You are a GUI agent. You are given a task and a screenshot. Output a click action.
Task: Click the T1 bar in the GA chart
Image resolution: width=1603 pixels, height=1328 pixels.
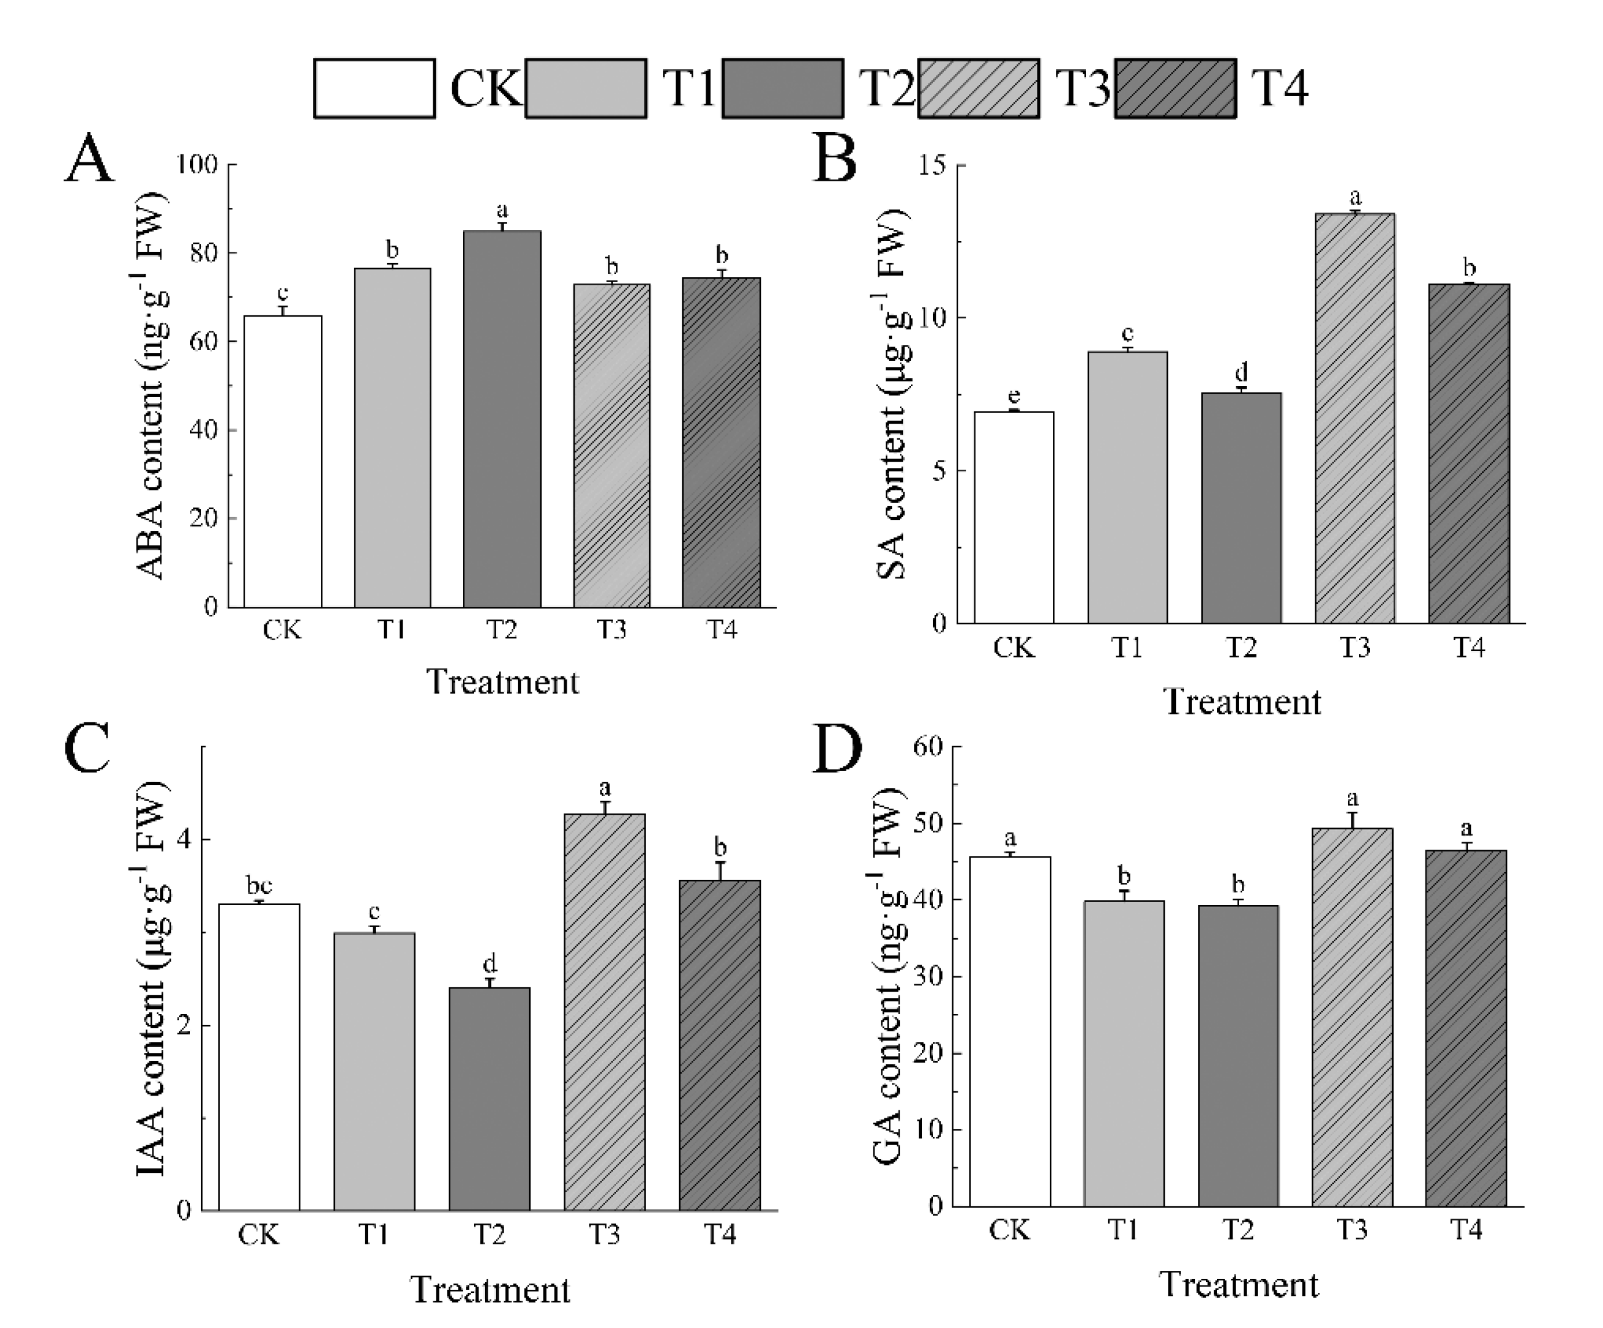point(1124,1053)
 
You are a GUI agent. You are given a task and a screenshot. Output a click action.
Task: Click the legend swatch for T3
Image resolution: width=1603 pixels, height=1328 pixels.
point(978,89)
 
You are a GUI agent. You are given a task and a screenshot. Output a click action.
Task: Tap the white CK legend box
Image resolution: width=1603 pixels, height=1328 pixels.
point(374,89)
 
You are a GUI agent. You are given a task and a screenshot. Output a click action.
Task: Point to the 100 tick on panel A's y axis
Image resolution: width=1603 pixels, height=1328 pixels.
point(197,164)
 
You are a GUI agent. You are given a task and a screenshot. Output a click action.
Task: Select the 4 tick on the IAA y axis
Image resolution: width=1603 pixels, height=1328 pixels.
point(183,840)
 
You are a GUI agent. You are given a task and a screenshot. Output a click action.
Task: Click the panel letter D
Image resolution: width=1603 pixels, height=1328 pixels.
point(837,749)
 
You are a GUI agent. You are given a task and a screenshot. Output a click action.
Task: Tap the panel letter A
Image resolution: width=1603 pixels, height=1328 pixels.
point(89,159)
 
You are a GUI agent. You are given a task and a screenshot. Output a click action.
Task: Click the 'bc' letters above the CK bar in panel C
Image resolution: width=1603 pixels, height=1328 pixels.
point(259,886)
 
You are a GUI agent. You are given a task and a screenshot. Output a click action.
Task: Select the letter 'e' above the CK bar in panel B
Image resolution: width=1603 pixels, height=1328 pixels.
point(1014,397)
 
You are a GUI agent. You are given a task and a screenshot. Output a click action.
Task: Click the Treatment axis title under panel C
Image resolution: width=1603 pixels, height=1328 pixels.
point(490,1290)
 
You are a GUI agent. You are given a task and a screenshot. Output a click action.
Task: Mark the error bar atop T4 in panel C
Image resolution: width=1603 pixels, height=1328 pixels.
point(719,871)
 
